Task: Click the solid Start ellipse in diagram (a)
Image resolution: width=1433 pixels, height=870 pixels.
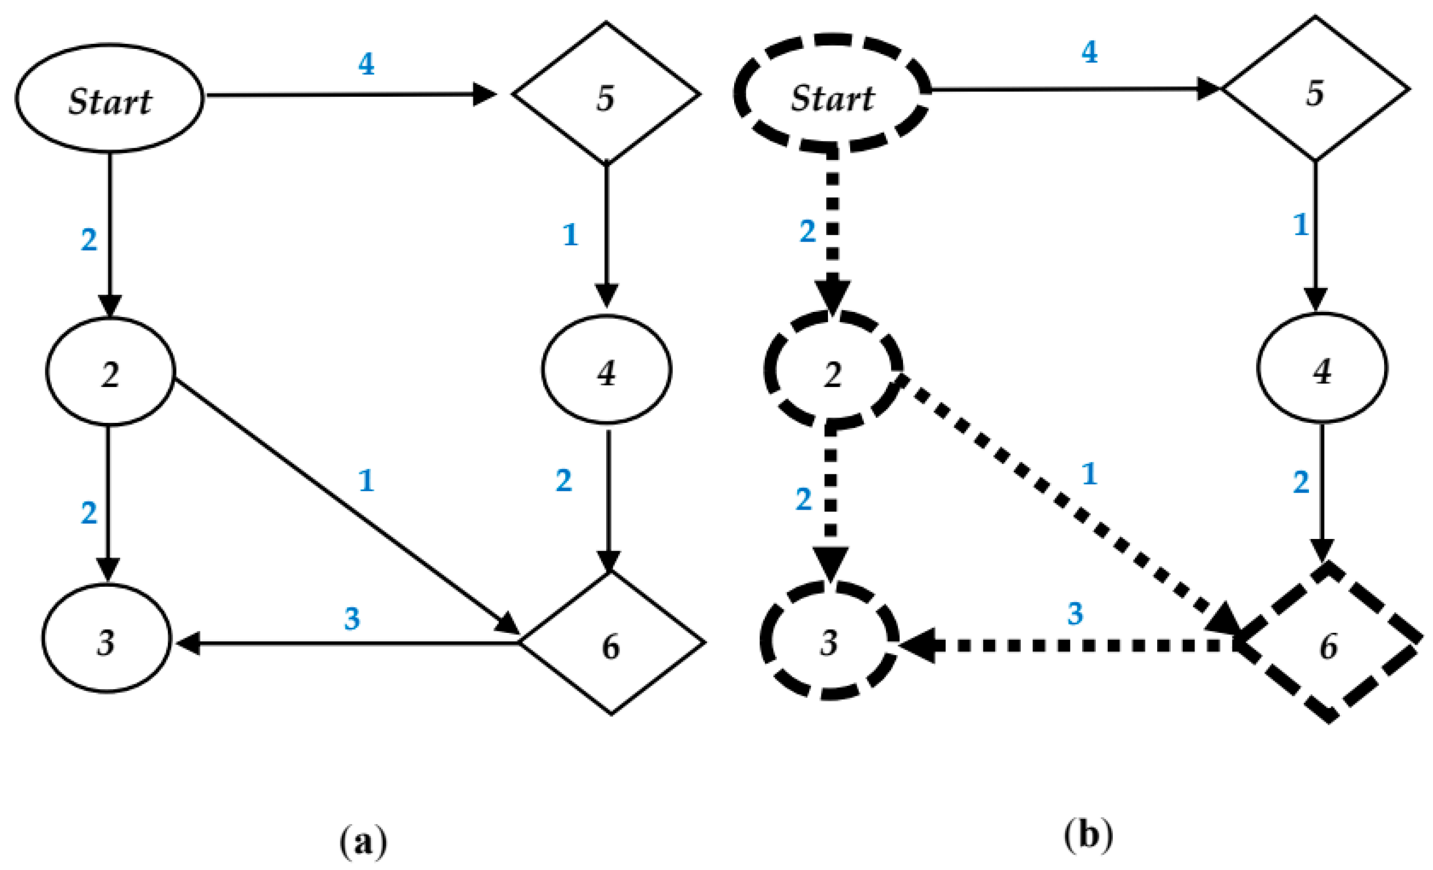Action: (x=109, y=99)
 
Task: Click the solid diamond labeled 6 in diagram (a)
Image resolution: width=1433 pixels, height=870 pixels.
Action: (x=611, y=643)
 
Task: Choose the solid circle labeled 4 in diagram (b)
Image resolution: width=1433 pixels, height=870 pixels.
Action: (x=1322, y=368)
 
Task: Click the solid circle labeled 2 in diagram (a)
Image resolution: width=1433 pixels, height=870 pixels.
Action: (x=110, y=372)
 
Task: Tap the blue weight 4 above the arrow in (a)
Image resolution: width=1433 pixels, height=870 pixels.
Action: (x=366, y=64)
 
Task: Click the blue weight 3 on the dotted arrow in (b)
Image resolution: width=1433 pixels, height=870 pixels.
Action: (x=1075, y=613)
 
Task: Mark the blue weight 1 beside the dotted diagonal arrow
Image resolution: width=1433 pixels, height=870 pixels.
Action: (x=1089, y=473)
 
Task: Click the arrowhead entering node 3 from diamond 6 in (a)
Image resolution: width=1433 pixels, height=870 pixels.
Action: (x=189, y=643)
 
